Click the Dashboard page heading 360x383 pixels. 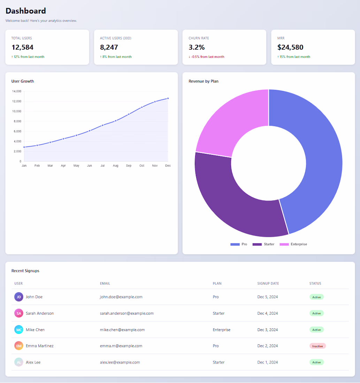pyautogui.click(x=26, y=11)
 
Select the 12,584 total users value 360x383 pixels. pyautogui.click(x=22, y=47)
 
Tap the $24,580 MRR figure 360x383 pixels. pyautogui.click(x=290, y=47)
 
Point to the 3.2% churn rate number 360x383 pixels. pyautogui.click(x=197, y=47)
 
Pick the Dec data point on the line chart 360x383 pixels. pyautogui.click(x=168, y=98)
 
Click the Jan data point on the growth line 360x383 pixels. pyautogui.click(x=24, y=147)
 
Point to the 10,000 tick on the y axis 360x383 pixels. pyautogui.click(x=17, y=111)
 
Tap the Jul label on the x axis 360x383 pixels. pyautogui.click(x=102, y=166)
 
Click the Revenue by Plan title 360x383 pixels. pyautogui.click(x=204, y=81)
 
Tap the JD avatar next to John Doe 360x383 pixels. pyautogui.click(x=19, y=297)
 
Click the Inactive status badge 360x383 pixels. pyautogui.click(x=317, y=346)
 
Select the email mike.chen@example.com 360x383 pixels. pyautogui.click(x=122, y=330)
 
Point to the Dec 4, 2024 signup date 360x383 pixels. pyautogui.click(x=268, y=313)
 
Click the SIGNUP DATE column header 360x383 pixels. pyautogui.click(x=268, y=283)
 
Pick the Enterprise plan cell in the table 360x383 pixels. pyautogui.click(x=222, y=330)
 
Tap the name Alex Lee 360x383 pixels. pyautogui.click(x=33, y=362)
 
